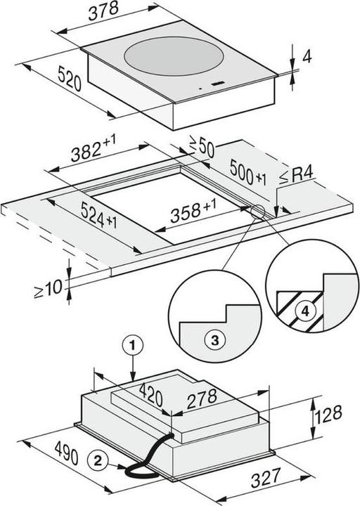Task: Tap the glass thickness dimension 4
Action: coord(307,57)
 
